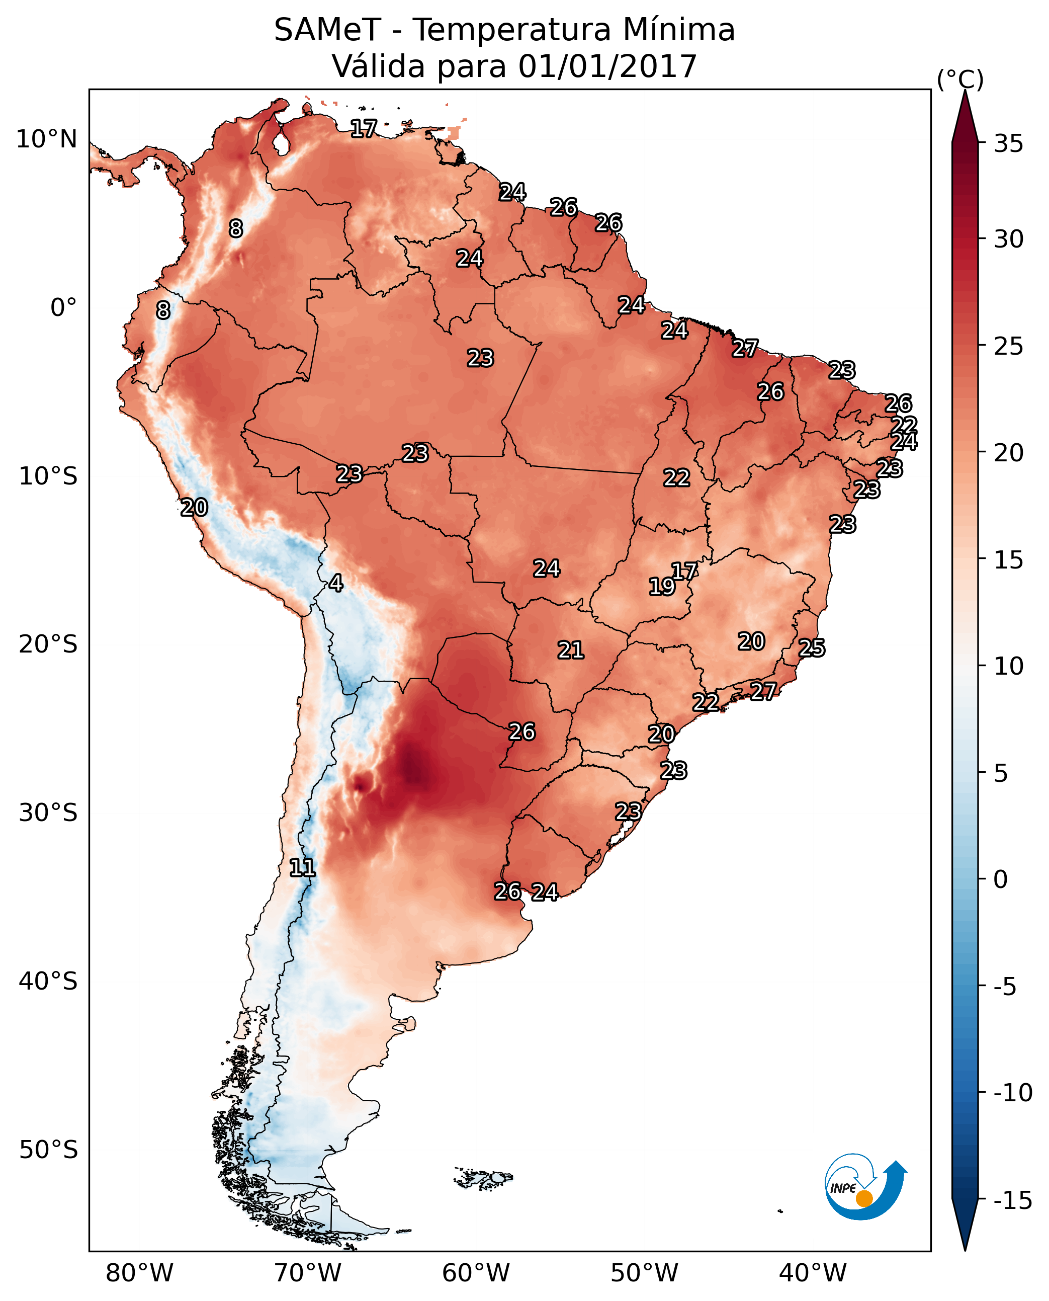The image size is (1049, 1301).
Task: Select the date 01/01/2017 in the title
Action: tap(607, 66)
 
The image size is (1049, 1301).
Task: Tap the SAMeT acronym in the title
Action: tap(327, 30)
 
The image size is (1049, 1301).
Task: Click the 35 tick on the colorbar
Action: tap(1008, 144)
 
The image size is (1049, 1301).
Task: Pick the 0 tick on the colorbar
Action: tap(1001, 879)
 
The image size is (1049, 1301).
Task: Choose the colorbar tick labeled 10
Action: tap(1008, 666)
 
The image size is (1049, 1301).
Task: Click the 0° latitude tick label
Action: tap(63, 308)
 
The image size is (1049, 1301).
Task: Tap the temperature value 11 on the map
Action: tap(302, 868)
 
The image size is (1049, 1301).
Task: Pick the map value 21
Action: tap(570, 650)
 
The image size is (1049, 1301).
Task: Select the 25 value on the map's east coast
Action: tap(812, 648)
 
